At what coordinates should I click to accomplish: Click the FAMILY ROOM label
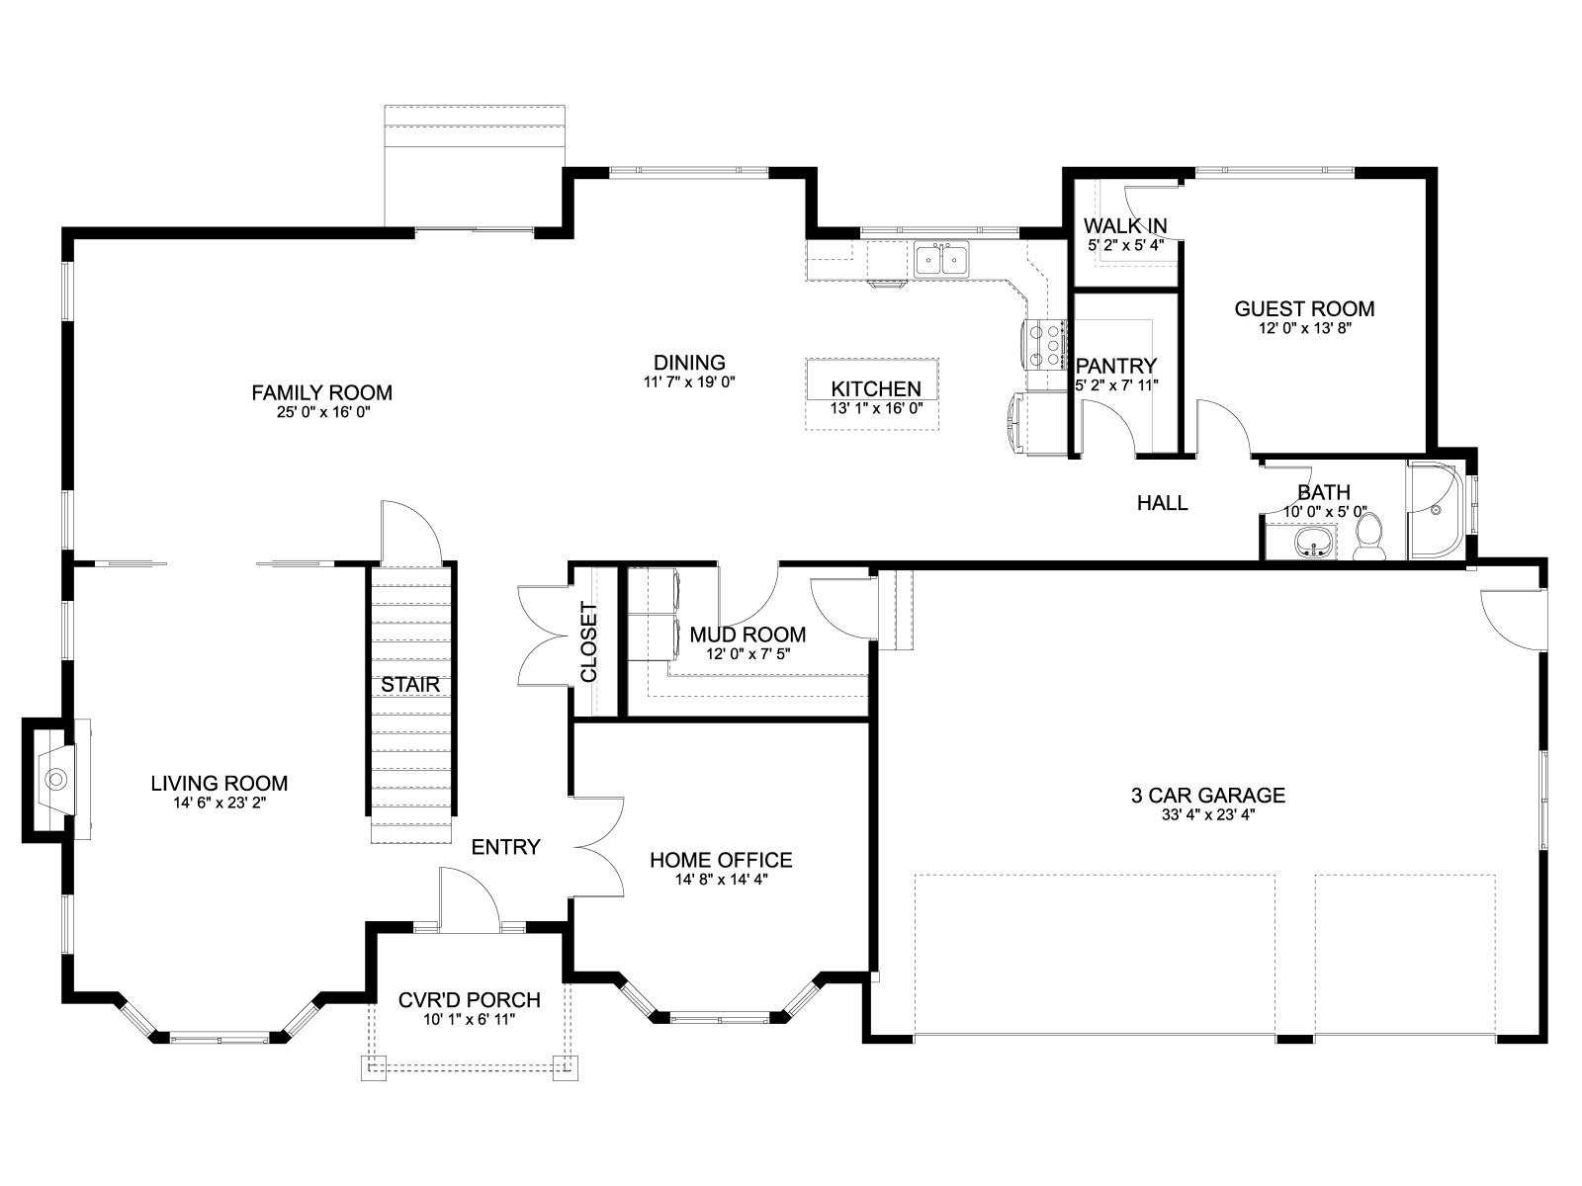tap(321, 392)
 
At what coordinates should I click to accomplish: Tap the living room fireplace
tap(57, 779)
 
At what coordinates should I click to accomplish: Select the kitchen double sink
tap(942, 259)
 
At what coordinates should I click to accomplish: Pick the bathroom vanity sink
tap(1315, 543)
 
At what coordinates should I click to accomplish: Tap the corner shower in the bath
tap(1437, 510)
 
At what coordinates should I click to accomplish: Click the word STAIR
tap(410, 684)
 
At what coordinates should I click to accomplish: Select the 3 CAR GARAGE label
tap(1208, 795)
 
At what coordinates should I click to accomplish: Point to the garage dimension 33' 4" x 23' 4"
tap(1208, 815)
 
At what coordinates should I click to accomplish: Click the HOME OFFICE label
tap(721, 860)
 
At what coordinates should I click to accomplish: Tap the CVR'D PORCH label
tap(470, 999)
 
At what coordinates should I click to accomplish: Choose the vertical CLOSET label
tap(589, 642)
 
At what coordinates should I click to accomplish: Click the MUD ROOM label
tap(747, 635)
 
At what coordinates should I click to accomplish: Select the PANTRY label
tap(1115, 366)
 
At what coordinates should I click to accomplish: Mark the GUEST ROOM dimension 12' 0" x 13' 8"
tap(1304, 328)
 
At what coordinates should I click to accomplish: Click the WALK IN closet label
tap(1125, 226)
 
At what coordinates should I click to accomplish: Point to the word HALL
tap(1162, 503)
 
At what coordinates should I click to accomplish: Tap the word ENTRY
tap(505, 847)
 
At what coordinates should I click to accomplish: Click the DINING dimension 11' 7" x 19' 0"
tap(689, 381)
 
